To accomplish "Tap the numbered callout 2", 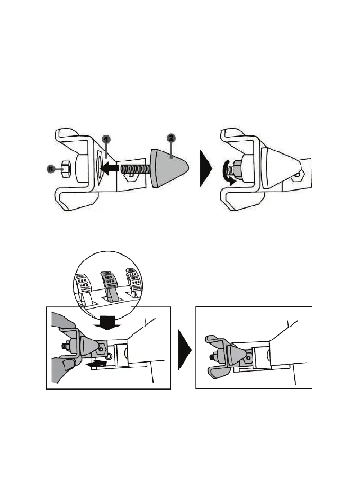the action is click(x=170, y=138).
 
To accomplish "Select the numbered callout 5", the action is click(x=51, y=169).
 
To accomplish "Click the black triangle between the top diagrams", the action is click(x=205, y=169).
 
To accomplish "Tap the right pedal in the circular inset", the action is click(x=134, y=283).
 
